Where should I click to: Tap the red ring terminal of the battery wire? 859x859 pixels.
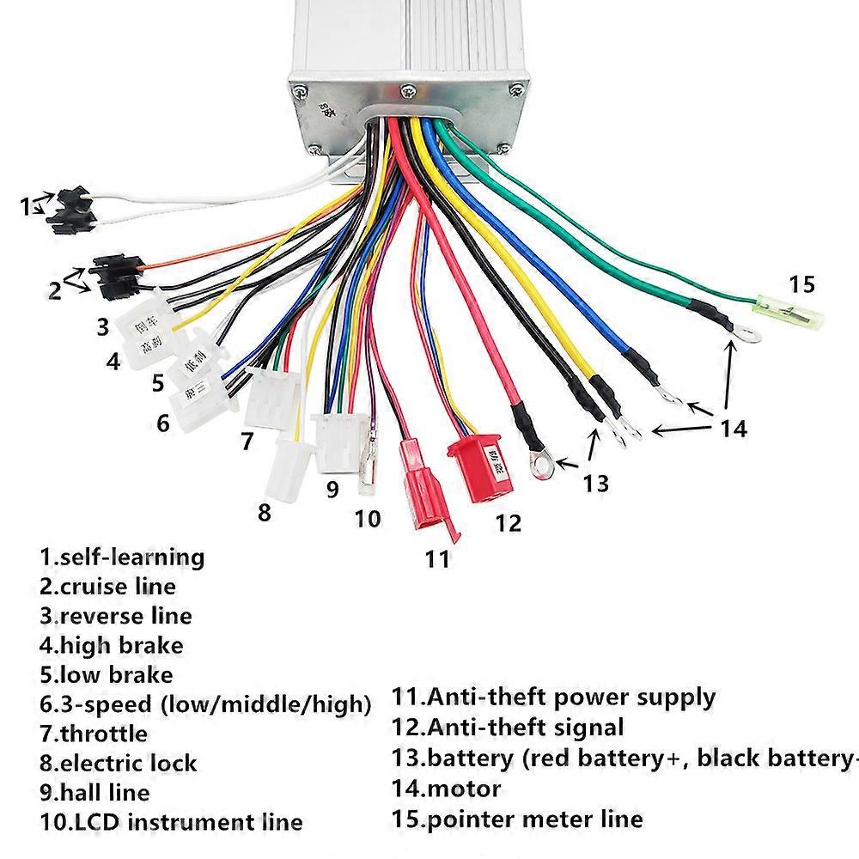pos(542,465)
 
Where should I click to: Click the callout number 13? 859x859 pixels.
pos(594,483)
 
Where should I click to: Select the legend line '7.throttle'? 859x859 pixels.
pos(94,734)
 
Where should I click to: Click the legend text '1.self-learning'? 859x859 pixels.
pos(121,557)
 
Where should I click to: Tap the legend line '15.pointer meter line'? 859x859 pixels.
pos(517,818)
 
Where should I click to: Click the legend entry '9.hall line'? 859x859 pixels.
pos(94,792)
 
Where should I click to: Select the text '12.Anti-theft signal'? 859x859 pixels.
pos(508,727)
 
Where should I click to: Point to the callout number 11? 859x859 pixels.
pos(437,559)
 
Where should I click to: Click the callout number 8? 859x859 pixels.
pos(265,513)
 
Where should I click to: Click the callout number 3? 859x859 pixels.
pos(102,326)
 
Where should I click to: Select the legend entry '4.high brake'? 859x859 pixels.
pos(111,644)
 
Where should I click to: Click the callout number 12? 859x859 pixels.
pos(509,521)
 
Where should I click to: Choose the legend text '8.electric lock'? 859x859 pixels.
pos(118,763)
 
